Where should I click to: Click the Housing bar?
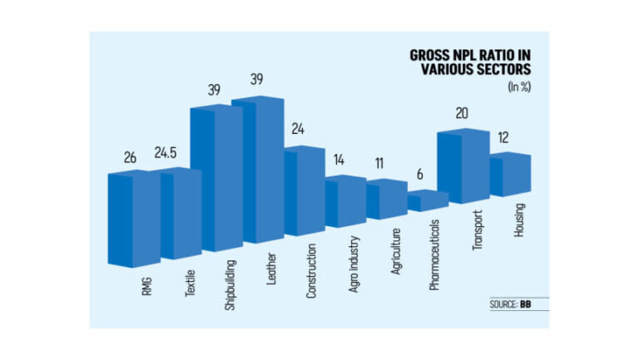(509, 175)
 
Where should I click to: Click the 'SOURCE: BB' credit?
(511, 304)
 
